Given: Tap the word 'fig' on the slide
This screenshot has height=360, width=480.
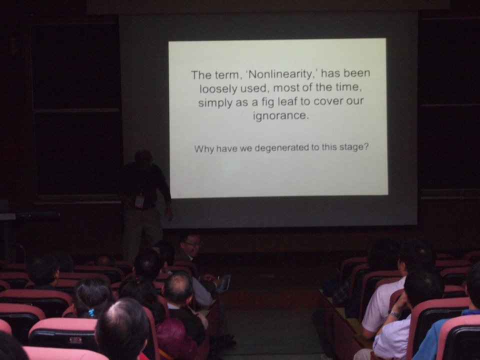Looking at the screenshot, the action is (x=268, y=102).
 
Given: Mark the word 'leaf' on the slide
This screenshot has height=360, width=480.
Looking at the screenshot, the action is (x=288, y=101).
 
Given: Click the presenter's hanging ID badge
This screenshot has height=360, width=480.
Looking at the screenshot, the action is (x=139, y=201).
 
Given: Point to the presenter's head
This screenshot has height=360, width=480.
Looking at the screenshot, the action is (x=143, y=157).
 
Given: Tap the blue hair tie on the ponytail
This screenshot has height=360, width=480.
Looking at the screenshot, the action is (x=91, y=312).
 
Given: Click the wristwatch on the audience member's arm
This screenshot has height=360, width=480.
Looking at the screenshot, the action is (x=394, y=313).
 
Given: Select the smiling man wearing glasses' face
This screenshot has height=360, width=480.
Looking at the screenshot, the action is (x=191, y=246).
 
